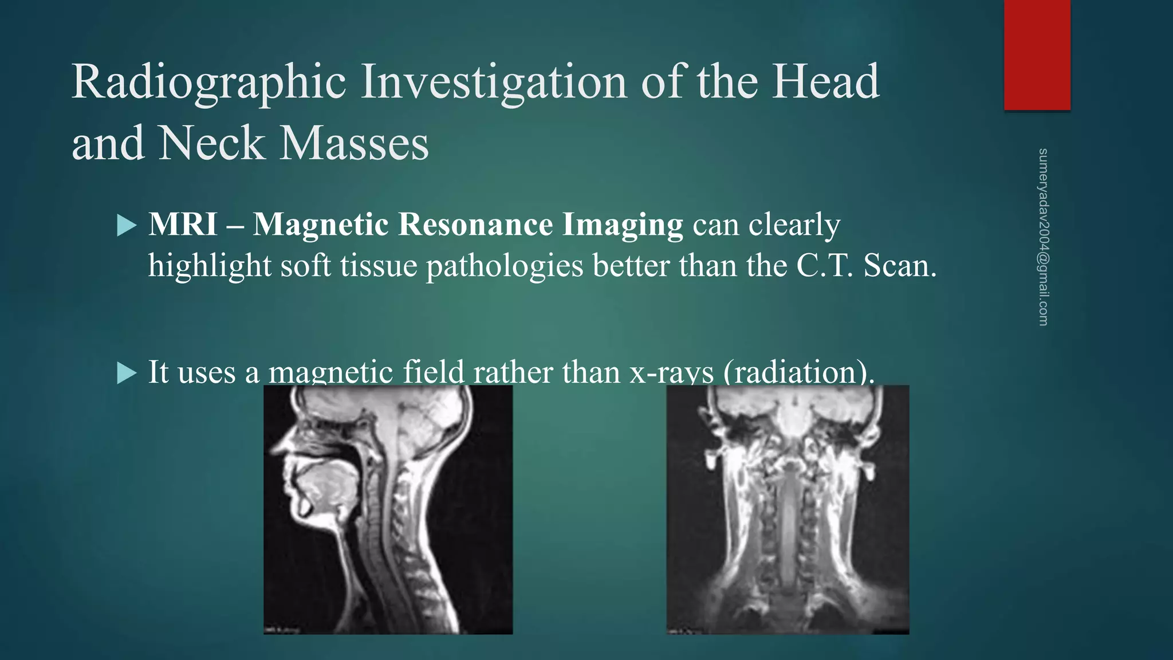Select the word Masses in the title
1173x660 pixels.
click(x=353, y=143)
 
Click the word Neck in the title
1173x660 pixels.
click(x=210, y=143)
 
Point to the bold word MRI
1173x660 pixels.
click(x=183, y=224)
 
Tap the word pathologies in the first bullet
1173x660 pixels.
click(x=504, y=266)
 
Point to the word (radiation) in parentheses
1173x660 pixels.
click(x=798, y=372)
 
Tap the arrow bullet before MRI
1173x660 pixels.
click(x=127, y=225)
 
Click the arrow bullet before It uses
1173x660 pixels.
click(x=127, y=374)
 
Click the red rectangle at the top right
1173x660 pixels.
click(x=1037, y=55)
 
